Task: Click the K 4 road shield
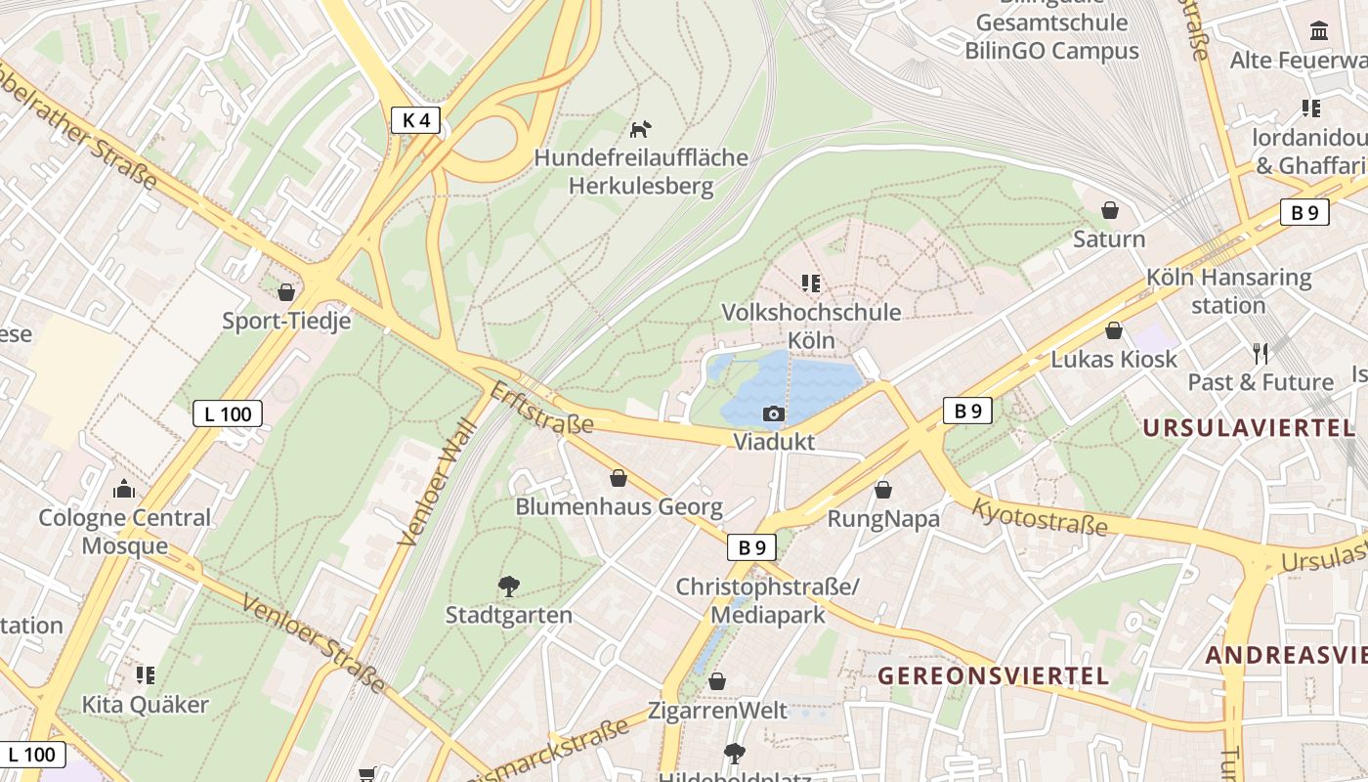click(415, 120)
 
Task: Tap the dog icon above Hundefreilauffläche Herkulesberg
click(640, 129)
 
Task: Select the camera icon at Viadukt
click(774, 414)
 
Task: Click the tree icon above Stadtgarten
click(508, 586)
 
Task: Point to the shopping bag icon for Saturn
click(1110, 210)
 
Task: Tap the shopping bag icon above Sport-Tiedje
click(286, 292)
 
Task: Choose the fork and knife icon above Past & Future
click(1261, 353)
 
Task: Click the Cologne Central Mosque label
click(124, 531)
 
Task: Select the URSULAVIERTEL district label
click(1249, 427)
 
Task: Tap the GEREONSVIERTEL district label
click(993, 675)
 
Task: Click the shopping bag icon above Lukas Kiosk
click(1114, 331)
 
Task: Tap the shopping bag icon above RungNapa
click(883, 490)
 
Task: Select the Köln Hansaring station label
click(1228, 291)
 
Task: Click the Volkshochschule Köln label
click(811, 326)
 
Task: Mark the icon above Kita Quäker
click(146, 674)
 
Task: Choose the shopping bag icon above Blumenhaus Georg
click(619, 478)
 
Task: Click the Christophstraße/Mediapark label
click(767, 600)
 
